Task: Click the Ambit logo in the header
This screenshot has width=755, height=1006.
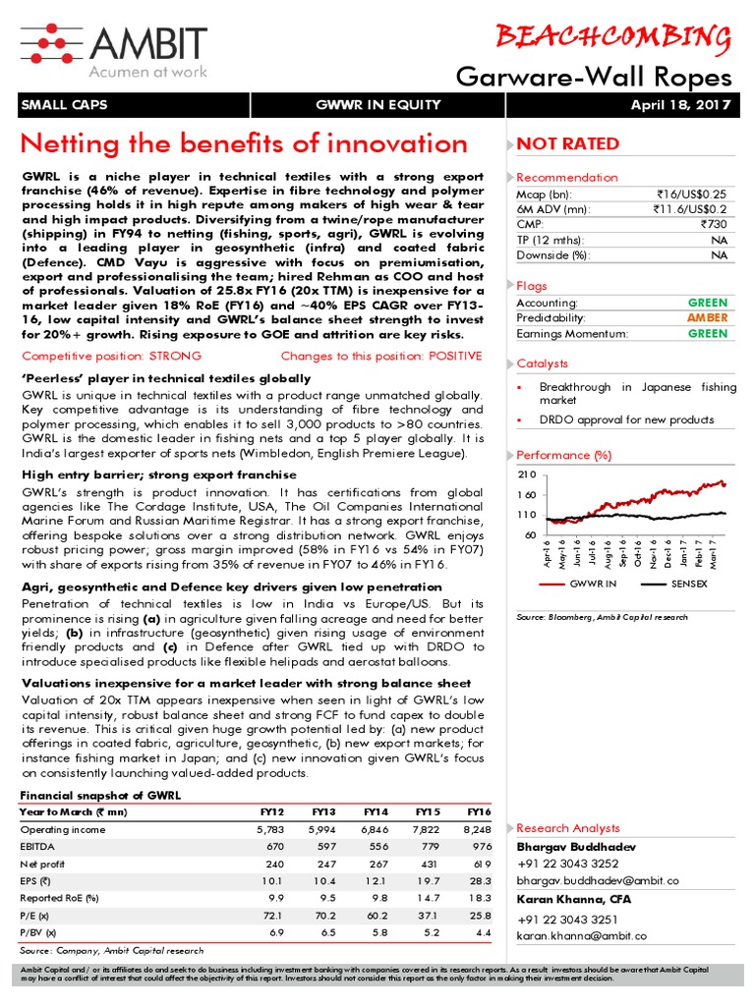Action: (x=113, y=47)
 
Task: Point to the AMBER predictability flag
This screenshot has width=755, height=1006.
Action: (x=708, y=318)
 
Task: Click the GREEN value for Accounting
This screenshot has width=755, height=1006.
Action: (x=708, y=304)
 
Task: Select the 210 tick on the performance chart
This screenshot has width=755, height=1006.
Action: (x=526, y=475)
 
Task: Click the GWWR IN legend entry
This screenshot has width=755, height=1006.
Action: (x=592, y=584)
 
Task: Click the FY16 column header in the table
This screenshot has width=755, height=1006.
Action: (x=478, y=812)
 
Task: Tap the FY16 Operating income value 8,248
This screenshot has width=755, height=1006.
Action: (x=476, y=830)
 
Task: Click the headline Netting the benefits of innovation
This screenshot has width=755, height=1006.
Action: (x=245, y=144)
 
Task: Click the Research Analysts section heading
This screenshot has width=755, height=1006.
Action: (x=568, y=828)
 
